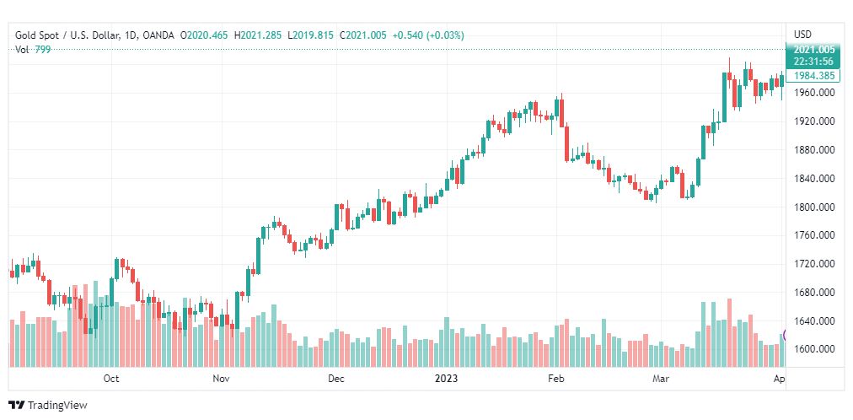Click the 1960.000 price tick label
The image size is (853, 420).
point(814,93)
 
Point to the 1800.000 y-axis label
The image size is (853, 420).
point(814,207)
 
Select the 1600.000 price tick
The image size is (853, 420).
point(814,349)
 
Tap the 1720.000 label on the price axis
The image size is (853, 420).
point(814,264)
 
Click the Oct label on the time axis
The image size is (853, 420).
point(111,379)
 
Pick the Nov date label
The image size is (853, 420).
point(221,379)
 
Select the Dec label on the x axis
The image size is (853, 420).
point(336,379)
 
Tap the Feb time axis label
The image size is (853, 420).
point(555,379)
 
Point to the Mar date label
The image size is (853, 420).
point(660,379)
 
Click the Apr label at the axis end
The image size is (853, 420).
point(779,379)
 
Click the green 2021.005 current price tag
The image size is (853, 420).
point(814,50)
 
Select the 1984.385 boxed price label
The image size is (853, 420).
point(814,75)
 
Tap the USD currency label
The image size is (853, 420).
point(802,34)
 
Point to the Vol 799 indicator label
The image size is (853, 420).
point(30,49)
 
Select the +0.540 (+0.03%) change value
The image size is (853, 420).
point(427,35)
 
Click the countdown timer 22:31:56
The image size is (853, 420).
point(814,61)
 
